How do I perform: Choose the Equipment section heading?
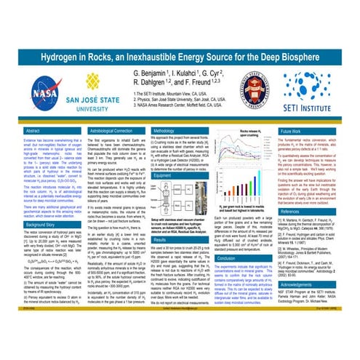(164, 175)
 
